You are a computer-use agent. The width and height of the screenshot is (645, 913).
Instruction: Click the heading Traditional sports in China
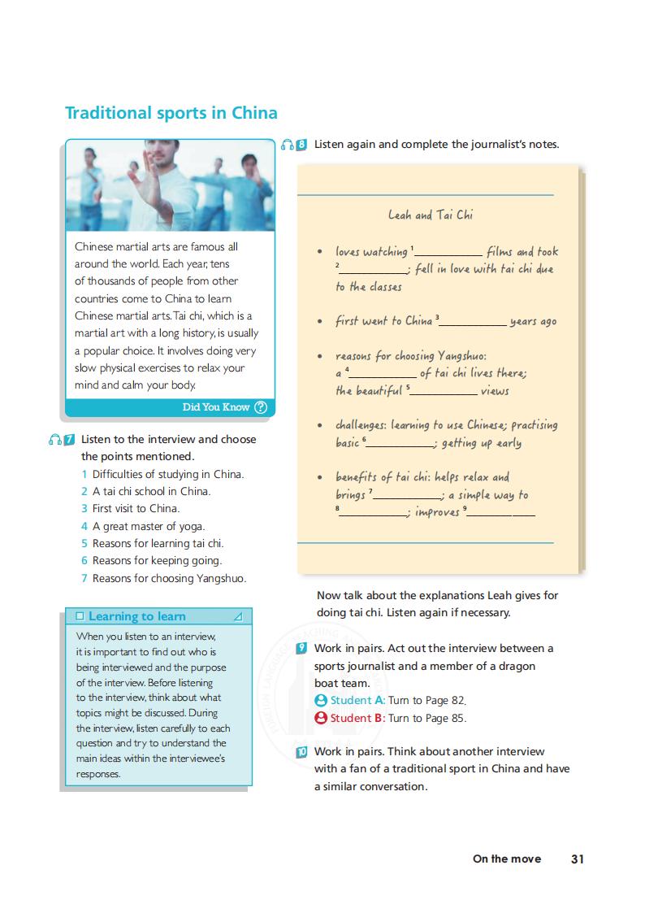click(171, 113)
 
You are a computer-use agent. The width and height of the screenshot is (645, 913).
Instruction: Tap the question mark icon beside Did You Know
click(260, 408)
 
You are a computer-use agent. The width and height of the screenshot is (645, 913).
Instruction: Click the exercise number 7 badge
click(69, 440)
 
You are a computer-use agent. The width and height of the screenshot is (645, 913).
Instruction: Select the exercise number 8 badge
click(301, 145)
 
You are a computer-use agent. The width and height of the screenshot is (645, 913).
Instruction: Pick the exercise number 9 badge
click(301, 648)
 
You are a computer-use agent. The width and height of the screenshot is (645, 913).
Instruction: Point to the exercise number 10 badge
click(301, 752)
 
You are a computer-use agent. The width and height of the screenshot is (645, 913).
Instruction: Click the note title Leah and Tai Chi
click(430, 215)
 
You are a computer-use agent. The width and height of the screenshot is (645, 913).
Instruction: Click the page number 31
click(578, 859)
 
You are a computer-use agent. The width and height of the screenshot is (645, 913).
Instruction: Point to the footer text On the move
click(506, 859)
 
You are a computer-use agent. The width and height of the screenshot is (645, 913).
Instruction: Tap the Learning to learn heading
click(136, 616)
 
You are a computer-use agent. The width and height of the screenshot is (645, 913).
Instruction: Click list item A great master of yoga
click(148, 526)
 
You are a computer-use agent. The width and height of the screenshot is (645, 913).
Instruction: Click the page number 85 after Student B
click(459, 718)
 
